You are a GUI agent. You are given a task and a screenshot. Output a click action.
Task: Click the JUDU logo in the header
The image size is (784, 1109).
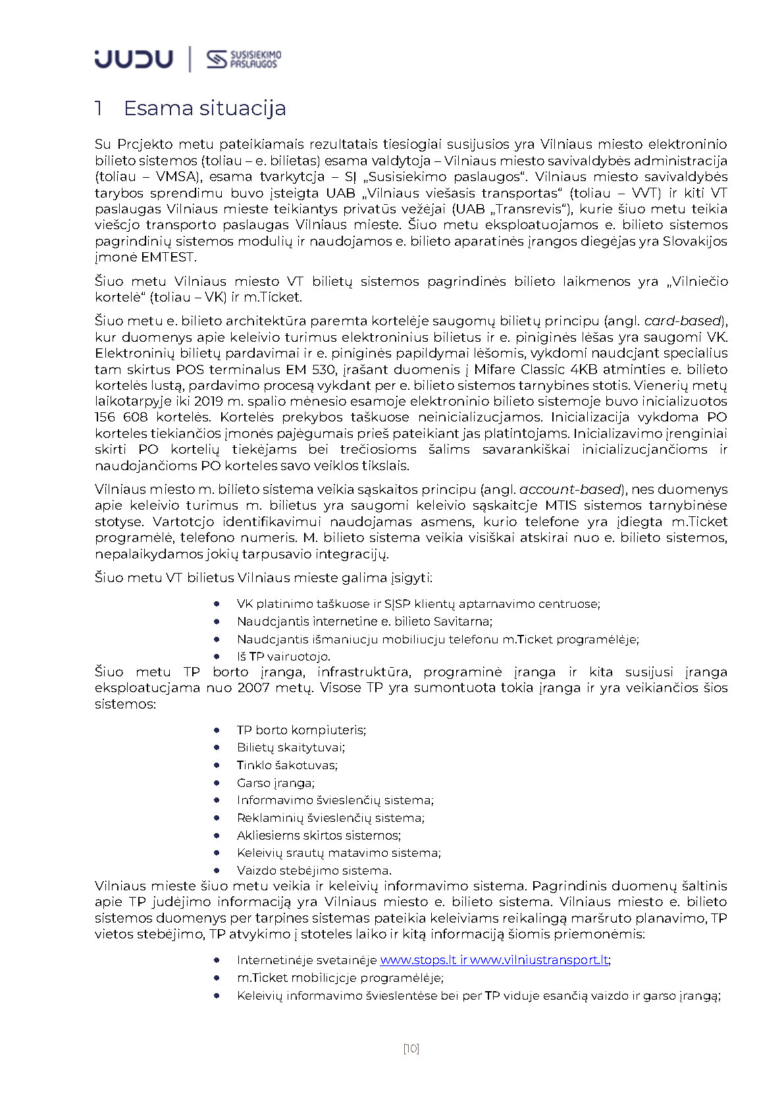pyautogui.click(x=134, y=59)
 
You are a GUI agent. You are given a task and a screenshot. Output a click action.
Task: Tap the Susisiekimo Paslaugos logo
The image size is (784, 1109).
pyautogui.click(x=244, y=59)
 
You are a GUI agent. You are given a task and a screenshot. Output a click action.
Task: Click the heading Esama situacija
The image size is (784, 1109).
pyautogui.click(x=204, y=108)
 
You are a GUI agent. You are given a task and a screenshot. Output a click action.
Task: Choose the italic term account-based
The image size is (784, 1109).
pyautogui.click(x=570, y=490)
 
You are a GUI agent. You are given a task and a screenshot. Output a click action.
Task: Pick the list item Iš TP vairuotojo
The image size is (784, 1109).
pyautogui.click(x=283, y=657)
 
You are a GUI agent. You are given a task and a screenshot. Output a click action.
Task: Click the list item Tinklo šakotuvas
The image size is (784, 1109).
pyautogui.click(x=287, y=765)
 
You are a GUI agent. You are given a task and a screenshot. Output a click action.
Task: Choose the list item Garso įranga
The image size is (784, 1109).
pyautogui.click(x=275, y=783)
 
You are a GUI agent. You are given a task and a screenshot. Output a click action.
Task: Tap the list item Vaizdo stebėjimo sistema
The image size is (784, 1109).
pyautogui.click(x=313, y=871)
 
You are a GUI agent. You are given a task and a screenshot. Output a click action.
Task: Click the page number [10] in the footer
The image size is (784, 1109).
pyautogui.click(x=411, y=1048)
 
